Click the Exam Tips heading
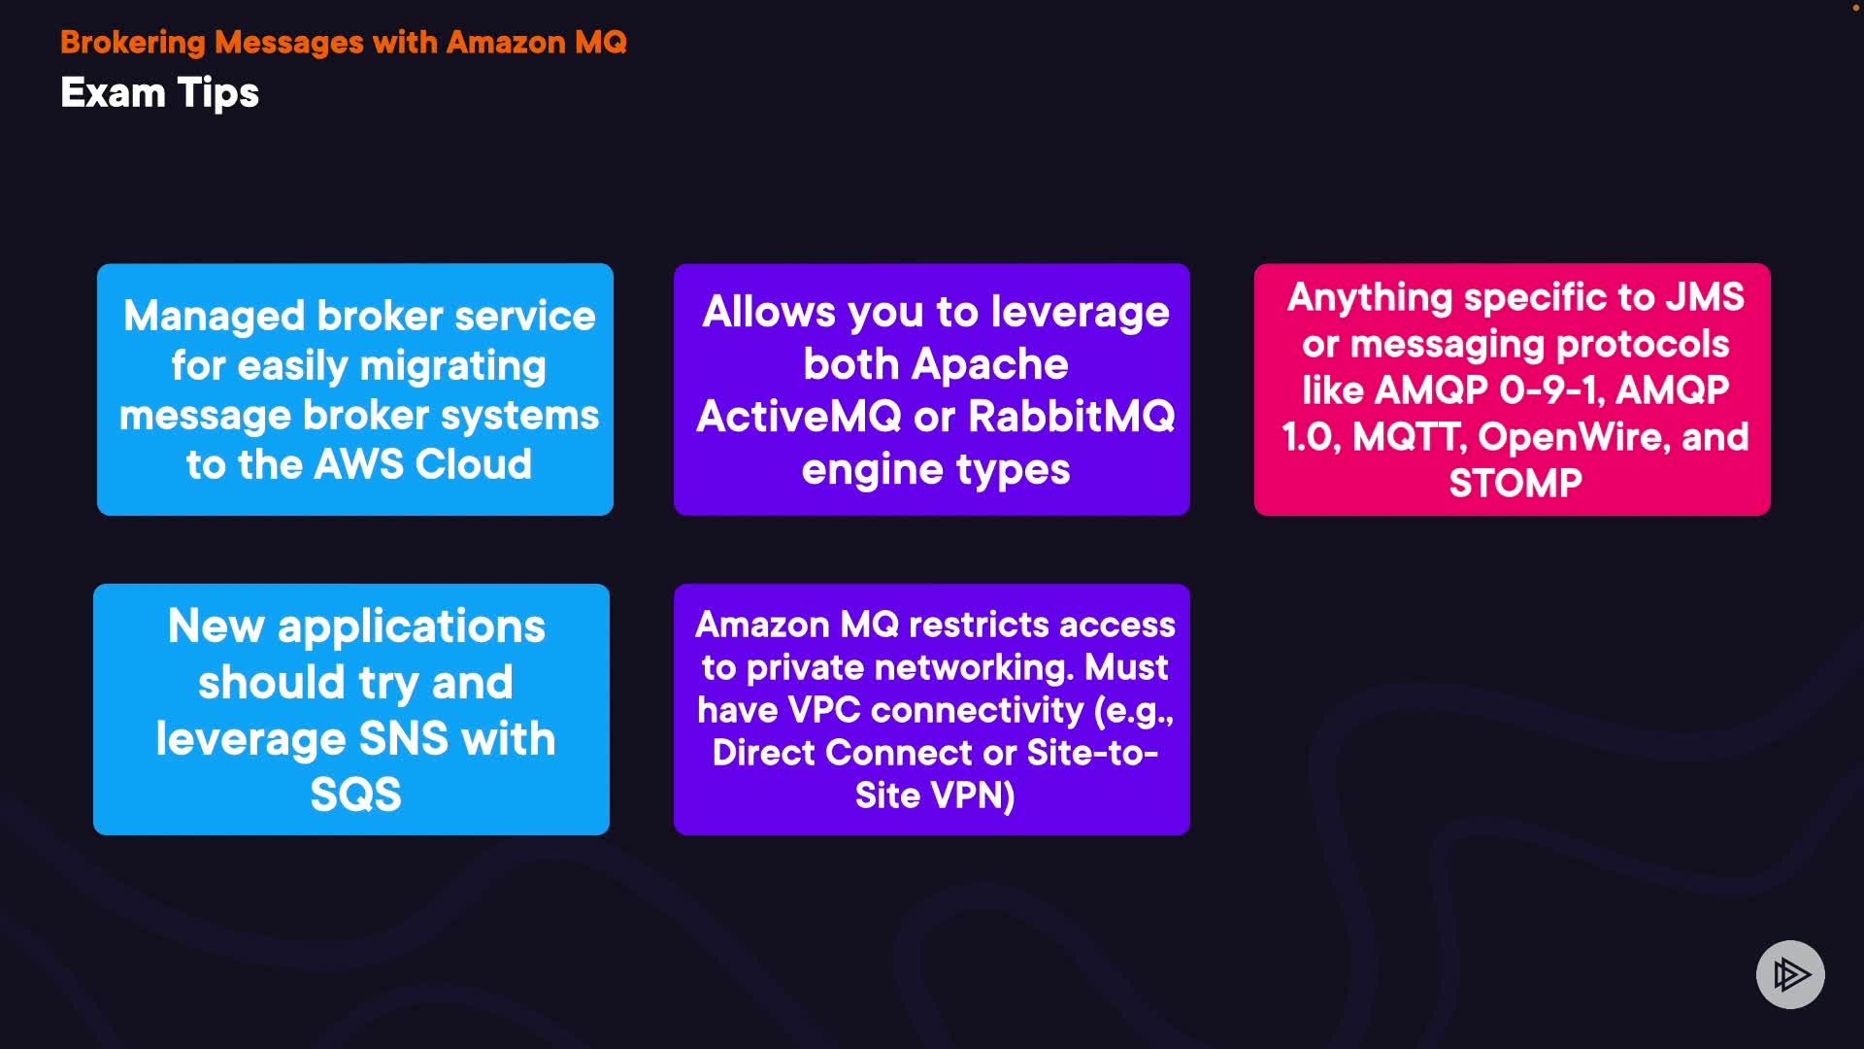(159, 93)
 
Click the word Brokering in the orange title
(133, 43)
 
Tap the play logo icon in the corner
(1790, 974)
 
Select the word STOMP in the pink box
(1515, 483)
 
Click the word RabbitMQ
(1072, 417)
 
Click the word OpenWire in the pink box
(1574, 438)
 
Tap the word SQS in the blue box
(355, 795)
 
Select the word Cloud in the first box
(474, 464)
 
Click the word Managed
(215, 317)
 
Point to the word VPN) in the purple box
(974, 795)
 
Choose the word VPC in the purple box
(824, 710)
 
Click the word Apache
(990, 364)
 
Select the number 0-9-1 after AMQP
(1551, 390)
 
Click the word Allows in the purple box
(769, 312)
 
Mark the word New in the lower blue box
(216, 626)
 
